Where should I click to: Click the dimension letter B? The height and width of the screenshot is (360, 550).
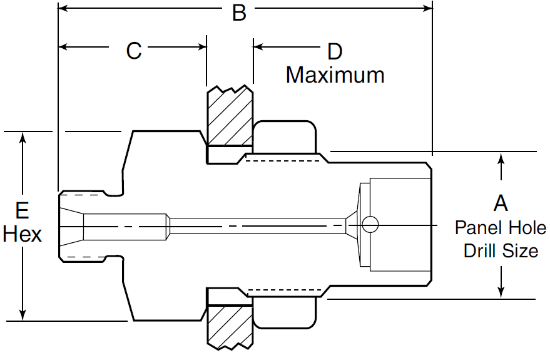[x=239, y=12]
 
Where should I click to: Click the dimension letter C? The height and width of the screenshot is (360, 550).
[x=134, y=51]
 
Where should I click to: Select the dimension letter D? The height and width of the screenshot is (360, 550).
[x=335, y=51]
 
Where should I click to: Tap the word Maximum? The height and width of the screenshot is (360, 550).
[x=335, y=75]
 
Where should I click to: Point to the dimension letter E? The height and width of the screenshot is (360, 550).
[x=23, y=210]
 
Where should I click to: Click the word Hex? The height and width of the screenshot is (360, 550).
[x=23, y=234]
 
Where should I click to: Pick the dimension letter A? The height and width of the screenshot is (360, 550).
[x=501, y=203]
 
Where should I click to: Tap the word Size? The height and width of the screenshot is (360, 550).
[x=523, y=250]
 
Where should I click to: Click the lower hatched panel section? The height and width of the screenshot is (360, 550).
[x=230, y=325]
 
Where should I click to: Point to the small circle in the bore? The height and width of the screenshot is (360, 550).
[x=370, y=224]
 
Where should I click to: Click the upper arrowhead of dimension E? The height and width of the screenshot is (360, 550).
[x=23, y=138]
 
